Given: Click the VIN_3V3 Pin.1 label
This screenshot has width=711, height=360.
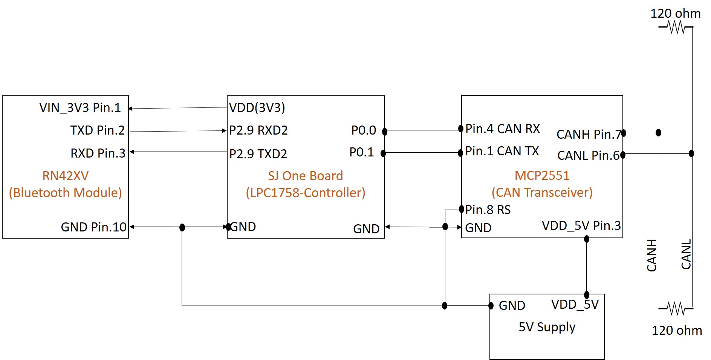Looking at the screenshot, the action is [x=80, y=108].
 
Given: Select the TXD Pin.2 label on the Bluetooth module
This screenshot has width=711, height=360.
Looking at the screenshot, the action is [x=97, y=130].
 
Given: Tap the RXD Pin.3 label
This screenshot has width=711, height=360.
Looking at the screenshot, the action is [x=98, y=153].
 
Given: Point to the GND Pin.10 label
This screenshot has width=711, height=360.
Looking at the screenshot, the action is [x=94, y=227].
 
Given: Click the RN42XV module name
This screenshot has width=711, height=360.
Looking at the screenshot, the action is [x=65, y=176].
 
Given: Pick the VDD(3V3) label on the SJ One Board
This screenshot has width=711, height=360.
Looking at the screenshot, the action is [x=257, y=108].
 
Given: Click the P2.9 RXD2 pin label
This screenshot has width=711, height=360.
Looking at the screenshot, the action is [x=258, y=130].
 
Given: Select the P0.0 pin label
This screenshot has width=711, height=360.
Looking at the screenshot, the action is [x=364, y=130].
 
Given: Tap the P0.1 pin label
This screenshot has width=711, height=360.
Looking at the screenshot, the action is [x=362, y=152].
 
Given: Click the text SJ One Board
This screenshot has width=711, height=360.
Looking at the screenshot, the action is [x=305, y=176].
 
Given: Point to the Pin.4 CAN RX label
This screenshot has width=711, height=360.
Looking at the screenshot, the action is [x=503, y=129].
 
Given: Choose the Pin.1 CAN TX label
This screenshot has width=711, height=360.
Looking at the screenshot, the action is [x=502, y=151].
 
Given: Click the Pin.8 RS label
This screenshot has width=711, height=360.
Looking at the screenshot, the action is [x=488, y=210].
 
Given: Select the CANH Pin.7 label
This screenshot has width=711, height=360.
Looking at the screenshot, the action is [x=589, y=135].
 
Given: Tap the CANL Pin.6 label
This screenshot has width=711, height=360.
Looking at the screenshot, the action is [x=589, y=156].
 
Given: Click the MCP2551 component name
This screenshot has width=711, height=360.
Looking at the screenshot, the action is [x=542, y=176].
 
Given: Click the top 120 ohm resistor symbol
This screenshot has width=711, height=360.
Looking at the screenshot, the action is [x=676, y=27].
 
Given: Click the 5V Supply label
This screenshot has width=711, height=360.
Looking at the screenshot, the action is [x=547, y=327].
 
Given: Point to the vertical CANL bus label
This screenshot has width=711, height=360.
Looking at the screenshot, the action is [x=686, y=254].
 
